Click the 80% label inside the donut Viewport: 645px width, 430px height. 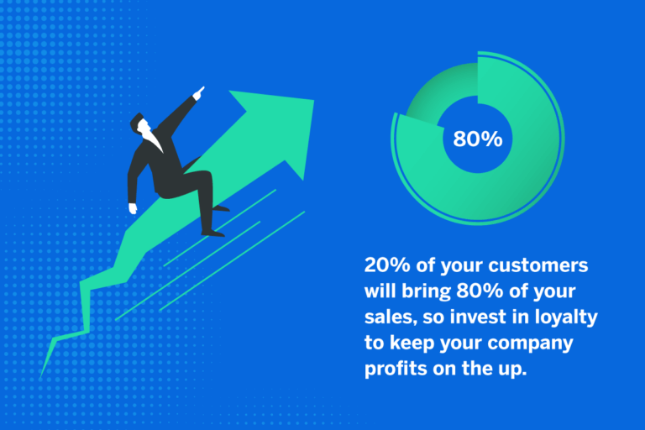coord(477,139)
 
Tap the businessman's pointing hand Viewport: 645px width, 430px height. coord(198,90)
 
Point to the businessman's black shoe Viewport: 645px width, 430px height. coord(213,231)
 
